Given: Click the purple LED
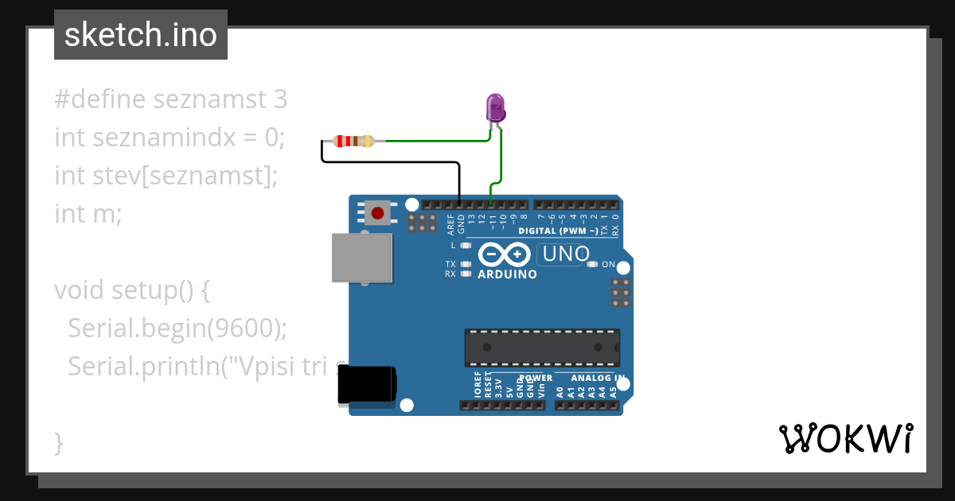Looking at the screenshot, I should (495, 107).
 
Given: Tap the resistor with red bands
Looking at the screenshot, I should (353, 142).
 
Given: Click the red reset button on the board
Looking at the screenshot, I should (378, 213).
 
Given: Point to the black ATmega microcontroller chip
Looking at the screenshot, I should (542, 348).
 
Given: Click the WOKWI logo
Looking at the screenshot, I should (845, 438).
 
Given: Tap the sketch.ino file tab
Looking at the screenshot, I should (141, 35).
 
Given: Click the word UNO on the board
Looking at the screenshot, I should (564, 254).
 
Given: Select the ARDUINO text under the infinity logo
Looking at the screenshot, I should (507, 274).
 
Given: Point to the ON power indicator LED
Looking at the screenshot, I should (591, 264).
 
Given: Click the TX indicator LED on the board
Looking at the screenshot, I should (466, 264).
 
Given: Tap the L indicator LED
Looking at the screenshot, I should (466, 246).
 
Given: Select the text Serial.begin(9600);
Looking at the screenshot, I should (189, 328).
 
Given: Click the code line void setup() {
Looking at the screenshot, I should (132, 290).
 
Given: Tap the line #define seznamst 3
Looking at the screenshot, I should (170, 99).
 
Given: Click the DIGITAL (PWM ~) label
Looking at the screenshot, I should (558, 231).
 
